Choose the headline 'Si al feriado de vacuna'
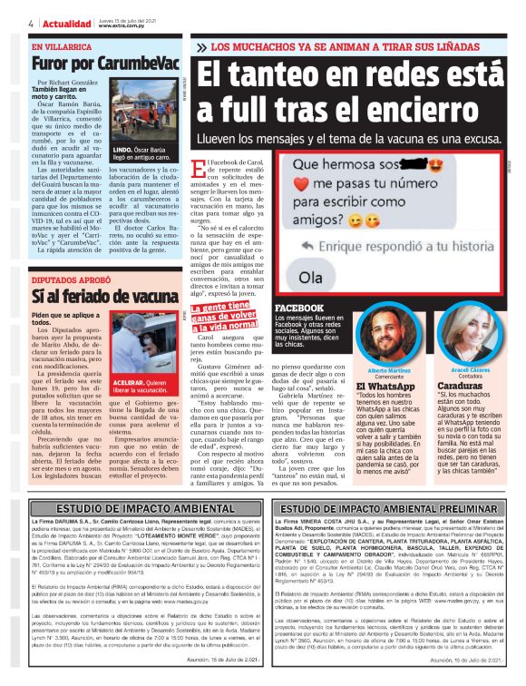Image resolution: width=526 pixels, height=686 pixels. (102, 297)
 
